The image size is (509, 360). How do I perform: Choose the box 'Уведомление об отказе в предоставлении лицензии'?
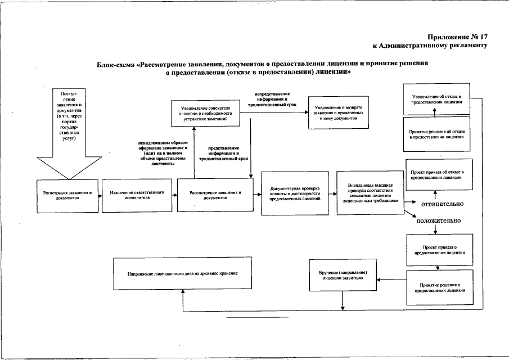[436, 100]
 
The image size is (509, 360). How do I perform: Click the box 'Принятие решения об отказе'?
[436, 134]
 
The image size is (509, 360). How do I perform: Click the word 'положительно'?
[439, 220]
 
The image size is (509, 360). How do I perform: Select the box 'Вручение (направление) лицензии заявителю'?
[342, 274]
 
